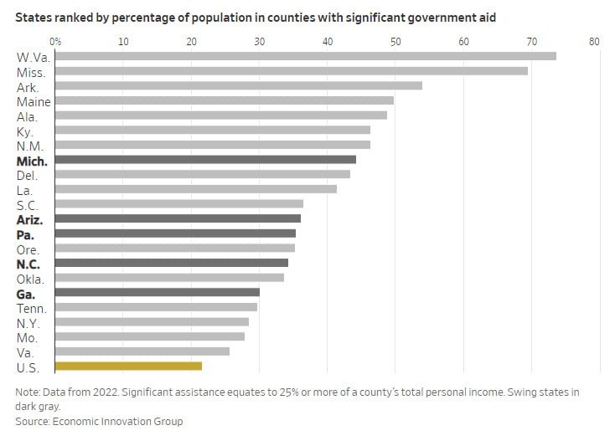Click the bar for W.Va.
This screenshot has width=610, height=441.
point(306,56)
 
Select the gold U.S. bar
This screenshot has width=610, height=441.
point(129,366)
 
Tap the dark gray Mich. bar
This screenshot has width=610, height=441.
point(205,160)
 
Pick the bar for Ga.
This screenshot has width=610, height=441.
point(158,292)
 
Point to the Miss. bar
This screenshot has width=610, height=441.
point(292,71)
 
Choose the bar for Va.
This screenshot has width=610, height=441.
point(142,351)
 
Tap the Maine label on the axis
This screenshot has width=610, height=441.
point(34,102)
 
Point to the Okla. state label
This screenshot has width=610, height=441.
point(31,278)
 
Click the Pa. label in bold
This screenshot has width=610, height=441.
point(25,234)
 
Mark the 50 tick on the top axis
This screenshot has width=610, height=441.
point(396,40)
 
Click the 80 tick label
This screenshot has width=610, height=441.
point(594,40)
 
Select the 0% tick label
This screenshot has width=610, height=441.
point(55,40)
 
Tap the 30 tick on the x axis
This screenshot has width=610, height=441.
point(260,40)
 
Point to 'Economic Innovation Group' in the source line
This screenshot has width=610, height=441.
point(118,422)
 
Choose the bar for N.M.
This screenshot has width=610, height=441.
point(213,145)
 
